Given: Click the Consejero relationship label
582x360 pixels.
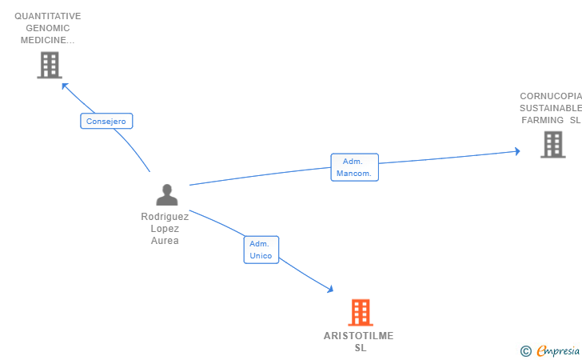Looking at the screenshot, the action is point(106,121).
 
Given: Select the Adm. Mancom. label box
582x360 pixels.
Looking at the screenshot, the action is point(354,167).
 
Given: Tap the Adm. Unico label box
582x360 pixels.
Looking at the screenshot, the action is point(261,250).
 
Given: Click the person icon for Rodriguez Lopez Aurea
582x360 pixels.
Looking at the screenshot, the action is point(166,194).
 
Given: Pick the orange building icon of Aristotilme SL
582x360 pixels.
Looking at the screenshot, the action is point(361,313).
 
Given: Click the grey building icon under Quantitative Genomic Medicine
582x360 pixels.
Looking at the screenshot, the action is point(50,65).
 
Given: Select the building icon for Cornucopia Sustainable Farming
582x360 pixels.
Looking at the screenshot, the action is point(553,145).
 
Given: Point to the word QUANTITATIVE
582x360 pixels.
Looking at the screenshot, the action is point(47,16).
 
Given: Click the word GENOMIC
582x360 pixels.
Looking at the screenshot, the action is point(47,28).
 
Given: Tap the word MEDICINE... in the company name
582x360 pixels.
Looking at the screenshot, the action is point(47,40).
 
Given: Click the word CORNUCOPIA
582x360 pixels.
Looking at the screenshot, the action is point(551,96).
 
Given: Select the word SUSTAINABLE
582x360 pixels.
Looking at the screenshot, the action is point(551,108).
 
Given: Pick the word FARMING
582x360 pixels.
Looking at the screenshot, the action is point(542,120).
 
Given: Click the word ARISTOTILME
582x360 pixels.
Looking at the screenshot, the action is point(358,336).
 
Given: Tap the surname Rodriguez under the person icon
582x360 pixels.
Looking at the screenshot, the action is point(165,217).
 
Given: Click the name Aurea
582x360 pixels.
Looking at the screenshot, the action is point(165,241).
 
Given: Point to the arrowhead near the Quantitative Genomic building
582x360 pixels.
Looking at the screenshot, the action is point(65,86).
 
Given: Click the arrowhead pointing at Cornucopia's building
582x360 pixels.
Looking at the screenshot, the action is point(517,151).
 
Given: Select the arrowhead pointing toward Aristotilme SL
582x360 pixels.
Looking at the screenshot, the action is point(330,289).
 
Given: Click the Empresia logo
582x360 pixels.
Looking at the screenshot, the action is point(550,350).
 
